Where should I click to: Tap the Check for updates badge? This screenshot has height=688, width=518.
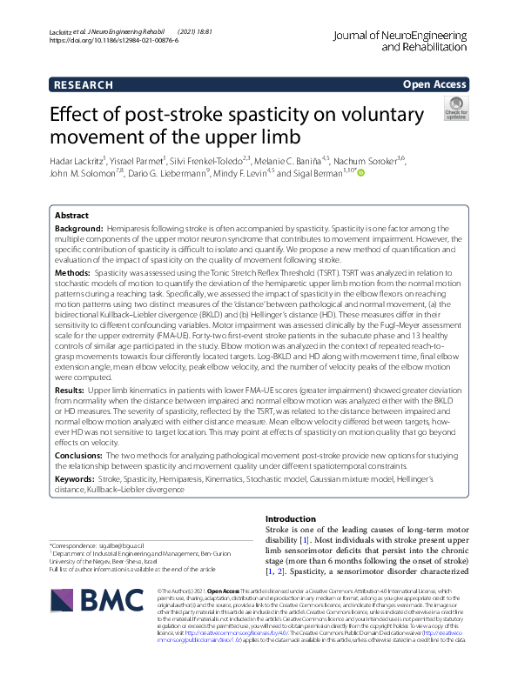pyautogui.click(x=455, y=109)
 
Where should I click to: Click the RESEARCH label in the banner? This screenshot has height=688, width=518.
pyautogui.click(x=83, y=84)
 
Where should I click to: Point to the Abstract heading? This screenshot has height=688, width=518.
pyautogui.click(x=71, y=215)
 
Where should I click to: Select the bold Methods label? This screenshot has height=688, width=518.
pyautogui.click(x=72, y=273)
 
